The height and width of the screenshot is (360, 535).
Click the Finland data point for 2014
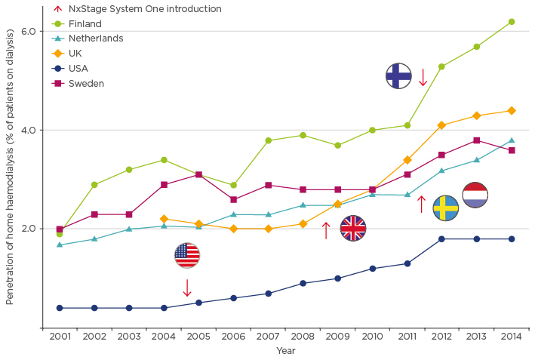tap(512, 22)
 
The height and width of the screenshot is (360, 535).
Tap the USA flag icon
tap(186, 255)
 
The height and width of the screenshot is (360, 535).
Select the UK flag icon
tap(353, 228)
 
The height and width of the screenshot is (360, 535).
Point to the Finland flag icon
tap(398, 75)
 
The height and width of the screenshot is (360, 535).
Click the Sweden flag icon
tap(445, 208)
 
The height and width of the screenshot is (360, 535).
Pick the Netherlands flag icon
tap(475, 195)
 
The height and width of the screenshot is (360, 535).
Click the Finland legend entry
tap(85, 23)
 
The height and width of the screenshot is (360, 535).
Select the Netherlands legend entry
tap(95, 38)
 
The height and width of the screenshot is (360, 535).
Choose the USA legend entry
tap(78, 68)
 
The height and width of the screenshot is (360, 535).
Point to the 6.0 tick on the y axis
tap(28, 31)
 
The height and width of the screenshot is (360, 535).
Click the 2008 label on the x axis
tap(303, 337)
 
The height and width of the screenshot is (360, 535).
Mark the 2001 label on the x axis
tap(60, 337)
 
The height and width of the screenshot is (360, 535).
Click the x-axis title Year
tap(285, 350)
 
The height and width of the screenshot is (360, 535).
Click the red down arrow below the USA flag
tap(186, 287)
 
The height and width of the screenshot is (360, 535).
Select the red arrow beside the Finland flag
tap(423, 77)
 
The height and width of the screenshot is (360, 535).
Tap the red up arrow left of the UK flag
tap(326, 230)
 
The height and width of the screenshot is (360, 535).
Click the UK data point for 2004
tap(164, 219)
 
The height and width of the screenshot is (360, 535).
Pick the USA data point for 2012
tap(441, 239)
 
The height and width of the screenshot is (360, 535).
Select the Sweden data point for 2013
tap(476, 140)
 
